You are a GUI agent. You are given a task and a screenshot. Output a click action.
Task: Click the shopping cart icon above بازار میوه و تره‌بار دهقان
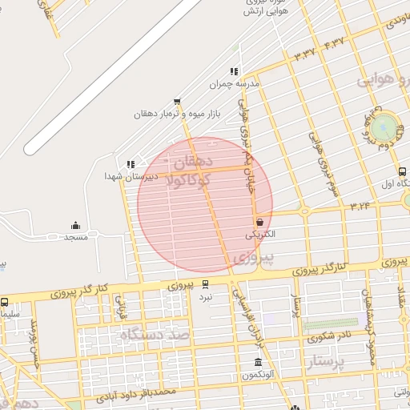[x=176, y=102]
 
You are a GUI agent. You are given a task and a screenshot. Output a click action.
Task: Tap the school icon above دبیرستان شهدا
[x=131, y=164]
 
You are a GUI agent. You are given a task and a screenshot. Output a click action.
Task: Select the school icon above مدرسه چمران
[x=233, y=71]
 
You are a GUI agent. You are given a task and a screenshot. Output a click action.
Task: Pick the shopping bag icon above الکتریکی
[x=259, y=222]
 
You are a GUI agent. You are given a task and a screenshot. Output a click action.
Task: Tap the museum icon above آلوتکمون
[x=257, y=362]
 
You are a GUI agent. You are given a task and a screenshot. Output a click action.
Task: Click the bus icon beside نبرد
[x=206, y=284]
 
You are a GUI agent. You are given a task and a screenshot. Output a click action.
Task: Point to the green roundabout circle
[x=385, y=126]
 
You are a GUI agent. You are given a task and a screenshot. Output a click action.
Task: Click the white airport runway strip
[x=112, y=77]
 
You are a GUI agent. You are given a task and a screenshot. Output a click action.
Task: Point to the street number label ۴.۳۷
[x=334, y=41]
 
